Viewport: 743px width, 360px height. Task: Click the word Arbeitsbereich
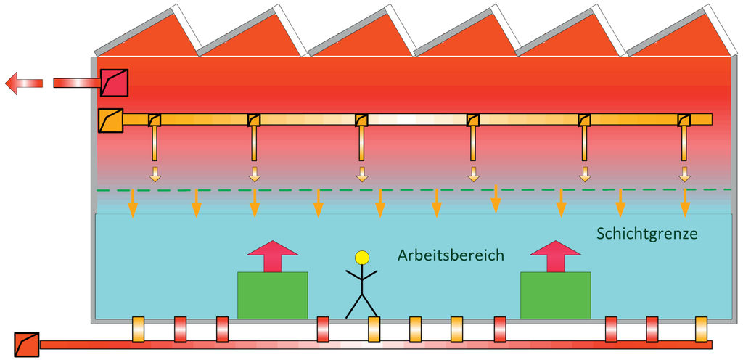(x=451, y=255)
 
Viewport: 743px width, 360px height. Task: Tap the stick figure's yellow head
(x=361, y=257)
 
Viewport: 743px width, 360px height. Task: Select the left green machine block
(x=273, y=295)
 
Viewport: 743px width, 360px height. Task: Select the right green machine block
(x=556, y=295)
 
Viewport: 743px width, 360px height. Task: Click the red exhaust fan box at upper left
(x=114, y=82)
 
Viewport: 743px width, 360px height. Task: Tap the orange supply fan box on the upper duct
(x=110, y=120)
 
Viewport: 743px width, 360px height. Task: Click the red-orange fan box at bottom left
(x=27, y=344)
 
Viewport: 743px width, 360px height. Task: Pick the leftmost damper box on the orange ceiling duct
(x=155, y=120)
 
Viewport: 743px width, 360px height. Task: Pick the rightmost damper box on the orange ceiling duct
(x=684, y=120)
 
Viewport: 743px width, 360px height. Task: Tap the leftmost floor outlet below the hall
(x=139, y=329)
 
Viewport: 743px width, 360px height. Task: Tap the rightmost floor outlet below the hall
(x=701, y=329)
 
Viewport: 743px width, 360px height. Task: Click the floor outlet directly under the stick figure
(x=374, y=329)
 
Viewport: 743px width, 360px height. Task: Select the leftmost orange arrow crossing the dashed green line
(x=133, y=204)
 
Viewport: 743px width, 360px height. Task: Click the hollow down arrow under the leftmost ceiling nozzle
(x=155, y=173)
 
